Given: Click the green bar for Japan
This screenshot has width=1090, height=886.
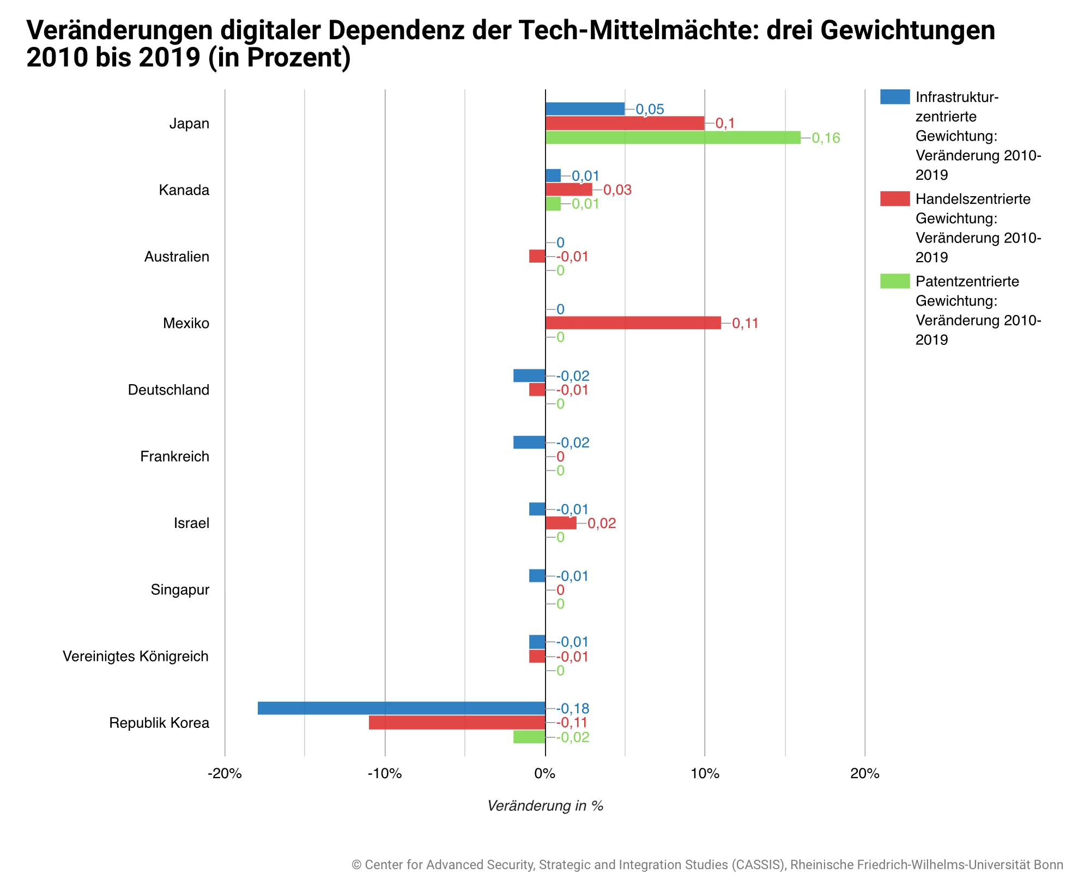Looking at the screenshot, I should click(673, 137).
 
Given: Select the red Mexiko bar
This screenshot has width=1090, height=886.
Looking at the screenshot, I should click(633, 323).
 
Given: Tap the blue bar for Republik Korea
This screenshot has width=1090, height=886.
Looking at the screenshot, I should click(401, 708).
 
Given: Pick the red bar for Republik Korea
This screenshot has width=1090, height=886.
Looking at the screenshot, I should click(457, 723).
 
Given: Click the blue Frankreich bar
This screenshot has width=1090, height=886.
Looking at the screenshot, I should click(529, 442).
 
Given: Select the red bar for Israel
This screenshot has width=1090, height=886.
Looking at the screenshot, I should click(560, 523).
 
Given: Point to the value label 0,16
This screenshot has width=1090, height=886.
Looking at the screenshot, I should click(826, 138).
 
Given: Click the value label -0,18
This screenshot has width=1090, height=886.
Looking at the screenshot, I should click(573, 709).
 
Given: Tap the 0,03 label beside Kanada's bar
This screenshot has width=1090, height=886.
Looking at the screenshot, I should click(617, 190).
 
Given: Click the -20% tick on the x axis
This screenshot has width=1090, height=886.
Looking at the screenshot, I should click(225, 774).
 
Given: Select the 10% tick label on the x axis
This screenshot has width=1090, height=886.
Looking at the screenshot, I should click(705, 774).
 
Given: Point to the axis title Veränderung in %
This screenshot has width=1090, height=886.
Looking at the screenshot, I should click(545, 806).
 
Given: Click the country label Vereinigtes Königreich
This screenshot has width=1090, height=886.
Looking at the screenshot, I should click(136, 656).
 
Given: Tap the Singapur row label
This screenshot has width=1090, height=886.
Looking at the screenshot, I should click(180, 590).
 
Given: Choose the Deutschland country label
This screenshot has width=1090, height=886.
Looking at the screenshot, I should click(168, 390).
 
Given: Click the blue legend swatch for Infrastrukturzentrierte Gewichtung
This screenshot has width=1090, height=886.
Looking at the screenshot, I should click(895, 97).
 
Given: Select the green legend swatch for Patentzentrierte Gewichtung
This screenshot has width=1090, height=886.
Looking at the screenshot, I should click(895, 281).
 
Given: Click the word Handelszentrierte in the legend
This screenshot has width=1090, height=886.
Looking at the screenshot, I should click(973, 199).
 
